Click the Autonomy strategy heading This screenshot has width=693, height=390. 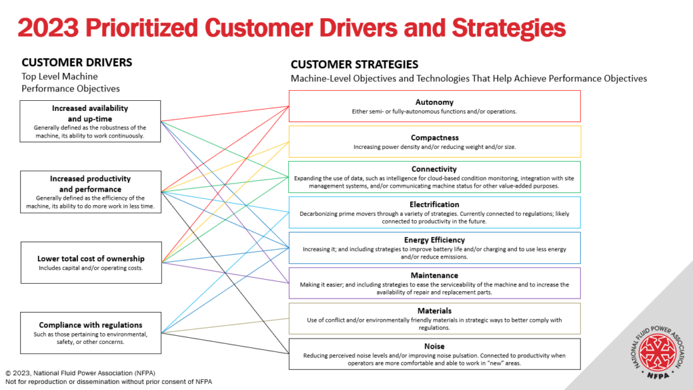click(x=434, y=102)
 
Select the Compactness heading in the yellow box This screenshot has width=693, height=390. click(x=434, y=137)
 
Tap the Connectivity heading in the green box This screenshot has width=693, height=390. click(x=434, y=169)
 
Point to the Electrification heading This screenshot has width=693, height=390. click(x=434, y=204)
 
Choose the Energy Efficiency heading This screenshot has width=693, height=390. click(x=434, y=240)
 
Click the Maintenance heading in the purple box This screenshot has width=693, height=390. click(x=434, y=276)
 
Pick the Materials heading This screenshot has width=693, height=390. click(x=434, y=311)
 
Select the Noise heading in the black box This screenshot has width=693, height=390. click(x=434, y=346)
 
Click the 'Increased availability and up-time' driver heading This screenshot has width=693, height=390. click(x=90, y=113)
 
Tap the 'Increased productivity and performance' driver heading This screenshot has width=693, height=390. click(x=90, y=184)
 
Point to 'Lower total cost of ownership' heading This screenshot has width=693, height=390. click(x=90, y=259)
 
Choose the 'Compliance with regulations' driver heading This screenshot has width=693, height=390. click(x=90, y=325)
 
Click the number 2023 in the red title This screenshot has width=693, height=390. click(x=48, y=28)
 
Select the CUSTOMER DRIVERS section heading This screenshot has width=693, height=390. click(x=76, y=62)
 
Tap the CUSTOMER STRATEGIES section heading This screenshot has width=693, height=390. click(x=355, y=64)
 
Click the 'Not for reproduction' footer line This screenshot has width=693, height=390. click(x=108, y=382)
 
